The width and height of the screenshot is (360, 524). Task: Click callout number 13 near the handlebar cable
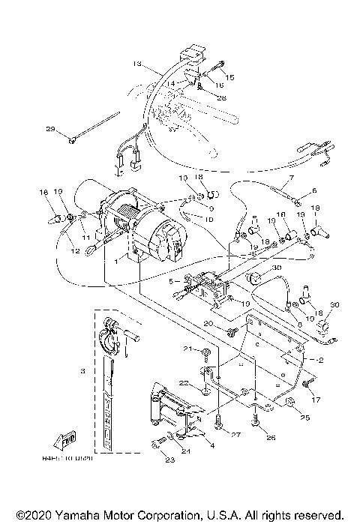click(137, 63)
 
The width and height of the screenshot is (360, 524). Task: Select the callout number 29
click(51, 130)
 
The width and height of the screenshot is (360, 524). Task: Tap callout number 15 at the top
click(230, 77)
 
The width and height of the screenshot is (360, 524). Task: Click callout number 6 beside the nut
click(314, 190)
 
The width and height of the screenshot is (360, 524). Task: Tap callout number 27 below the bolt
click(235, 435)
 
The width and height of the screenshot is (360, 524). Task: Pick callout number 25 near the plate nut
click(304, 417)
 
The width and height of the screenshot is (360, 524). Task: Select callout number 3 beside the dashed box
click(84, 370)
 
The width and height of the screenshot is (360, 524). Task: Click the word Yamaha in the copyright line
click(79, 516)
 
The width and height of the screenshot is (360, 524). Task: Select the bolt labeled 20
click(231, 330)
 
